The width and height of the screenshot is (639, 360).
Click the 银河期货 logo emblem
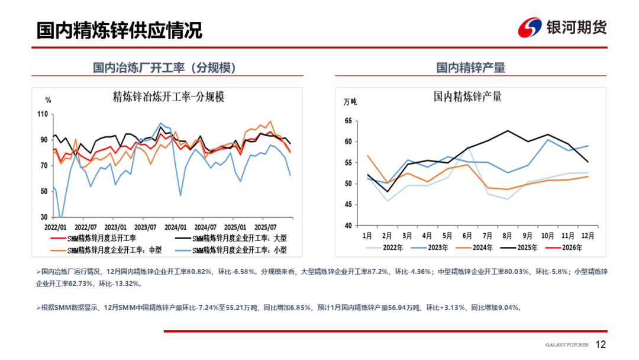click(x=530, y=28)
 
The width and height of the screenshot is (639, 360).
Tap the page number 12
click(x=601, y=345)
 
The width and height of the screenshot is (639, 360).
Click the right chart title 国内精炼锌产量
click(x=467, y=97)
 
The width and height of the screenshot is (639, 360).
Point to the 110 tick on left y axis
click(x=42, y=114)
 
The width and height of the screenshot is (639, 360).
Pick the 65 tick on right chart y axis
click(x=347, y=121)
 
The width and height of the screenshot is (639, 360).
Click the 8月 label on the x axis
click(x=508, y=235)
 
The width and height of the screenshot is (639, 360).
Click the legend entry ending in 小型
click(x=243, y=250)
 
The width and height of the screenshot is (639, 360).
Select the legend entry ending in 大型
click(x=243, y=238)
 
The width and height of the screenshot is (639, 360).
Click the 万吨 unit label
click(x=350, y=101)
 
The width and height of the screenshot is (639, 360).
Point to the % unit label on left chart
click(x=49, y=99)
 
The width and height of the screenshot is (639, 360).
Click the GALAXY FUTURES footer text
click(x=566, y=345)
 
